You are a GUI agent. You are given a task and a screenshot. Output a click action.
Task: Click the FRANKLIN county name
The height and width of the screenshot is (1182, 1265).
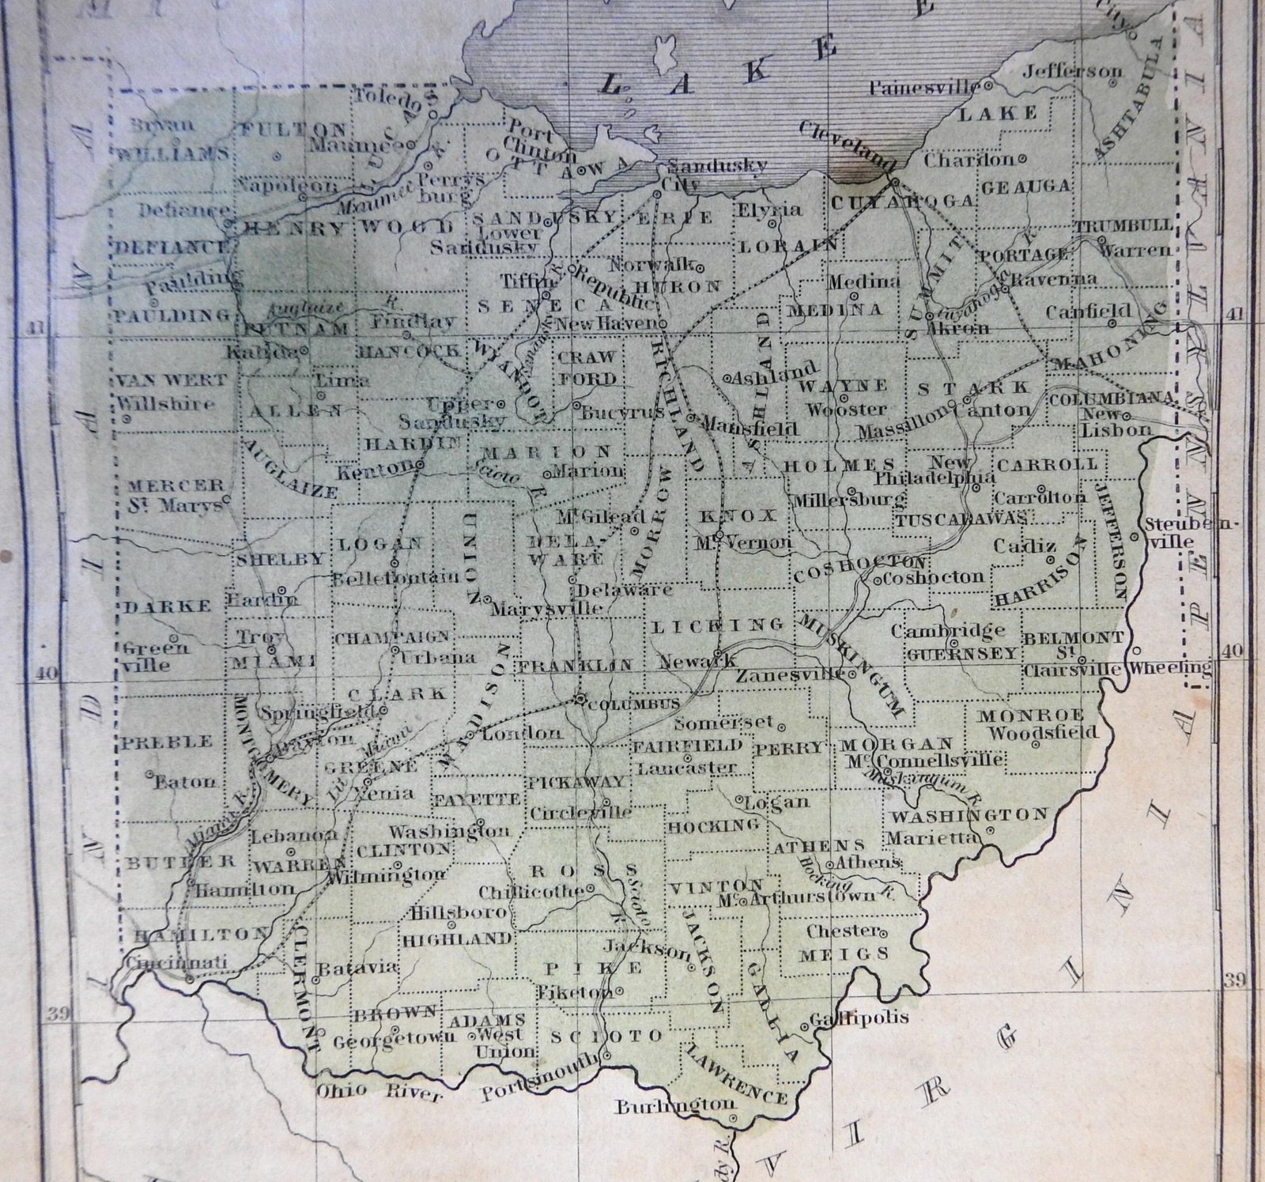click(x=575, y=666)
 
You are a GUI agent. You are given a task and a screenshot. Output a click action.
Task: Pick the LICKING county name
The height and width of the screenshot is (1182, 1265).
click(x=717, y=625)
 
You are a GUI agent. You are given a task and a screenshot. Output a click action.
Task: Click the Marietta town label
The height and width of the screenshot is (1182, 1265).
click(x=933, y=837)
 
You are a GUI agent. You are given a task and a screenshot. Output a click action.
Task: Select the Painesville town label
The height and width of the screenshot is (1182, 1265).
click(x=923, y=88)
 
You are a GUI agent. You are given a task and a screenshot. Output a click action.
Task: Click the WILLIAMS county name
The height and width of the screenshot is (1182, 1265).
click(x=172, y=154)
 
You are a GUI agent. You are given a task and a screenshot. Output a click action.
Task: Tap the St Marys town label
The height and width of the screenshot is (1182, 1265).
click(x=175, y=504)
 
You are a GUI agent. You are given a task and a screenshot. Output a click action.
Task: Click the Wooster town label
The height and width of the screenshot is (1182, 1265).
click(x=845, y=410)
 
